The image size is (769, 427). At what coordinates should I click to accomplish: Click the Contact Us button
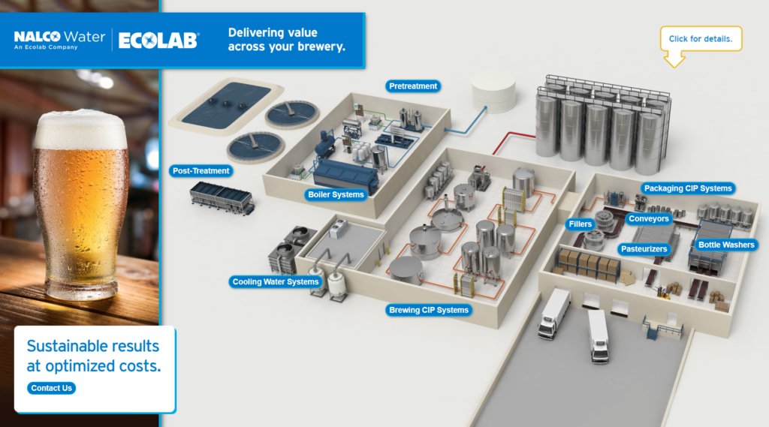coord(52,388)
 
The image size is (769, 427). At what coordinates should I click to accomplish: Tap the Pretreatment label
coord(413,86)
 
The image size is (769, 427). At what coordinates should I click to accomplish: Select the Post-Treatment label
coord(201,171)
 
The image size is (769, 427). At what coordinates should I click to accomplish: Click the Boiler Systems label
coord(336,194)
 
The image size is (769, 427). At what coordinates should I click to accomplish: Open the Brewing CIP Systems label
coord(428,310)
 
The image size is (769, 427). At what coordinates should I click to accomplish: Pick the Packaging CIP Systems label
coord(687,188)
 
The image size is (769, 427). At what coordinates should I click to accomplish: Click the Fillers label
coord(581,224)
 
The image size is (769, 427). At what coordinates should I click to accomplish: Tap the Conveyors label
coord(649,219)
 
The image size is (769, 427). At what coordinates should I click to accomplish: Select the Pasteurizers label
coord(644,249)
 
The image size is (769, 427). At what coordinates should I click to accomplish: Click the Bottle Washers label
coord(726,245)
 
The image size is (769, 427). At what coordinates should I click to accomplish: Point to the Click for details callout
coord(700,39)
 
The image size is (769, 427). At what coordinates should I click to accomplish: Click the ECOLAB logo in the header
coord(158,40)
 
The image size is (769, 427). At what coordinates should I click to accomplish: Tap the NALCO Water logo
coord(59,39)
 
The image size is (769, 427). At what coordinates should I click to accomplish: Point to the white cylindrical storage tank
coord(493,92)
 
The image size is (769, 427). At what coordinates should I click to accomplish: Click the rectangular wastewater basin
coord(220,104)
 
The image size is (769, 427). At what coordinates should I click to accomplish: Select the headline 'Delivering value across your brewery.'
coord(286,40)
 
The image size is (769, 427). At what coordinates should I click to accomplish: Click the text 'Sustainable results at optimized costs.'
coord(94,356)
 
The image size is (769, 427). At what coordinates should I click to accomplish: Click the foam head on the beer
coord(80,129)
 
